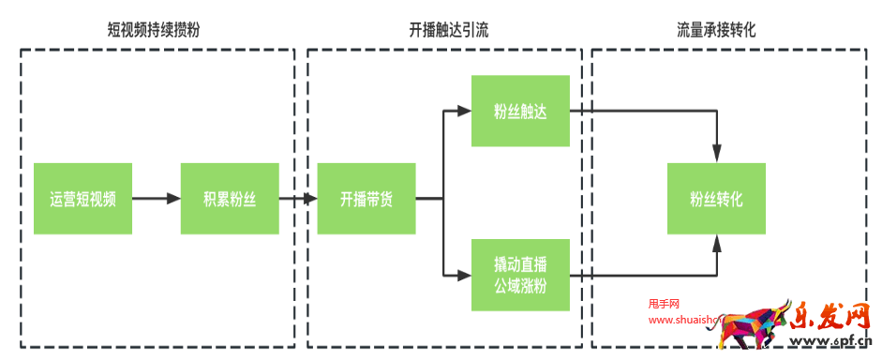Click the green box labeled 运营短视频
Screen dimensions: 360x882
[82, 199]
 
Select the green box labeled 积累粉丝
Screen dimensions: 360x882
[230, 199]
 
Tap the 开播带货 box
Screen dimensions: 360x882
[366, 199]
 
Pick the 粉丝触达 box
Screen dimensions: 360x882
[520, 112]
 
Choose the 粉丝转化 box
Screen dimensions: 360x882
[716, 199]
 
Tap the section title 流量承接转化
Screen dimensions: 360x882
[716, 30]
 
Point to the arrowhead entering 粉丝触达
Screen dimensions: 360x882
[464, 112]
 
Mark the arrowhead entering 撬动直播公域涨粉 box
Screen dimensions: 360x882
[464, 276]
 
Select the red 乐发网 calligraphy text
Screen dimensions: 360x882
[830, 315]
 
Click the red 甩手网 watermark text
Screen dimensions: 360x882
[663, 304]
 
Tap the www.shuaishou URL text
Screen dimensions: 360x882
[682, 320]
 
